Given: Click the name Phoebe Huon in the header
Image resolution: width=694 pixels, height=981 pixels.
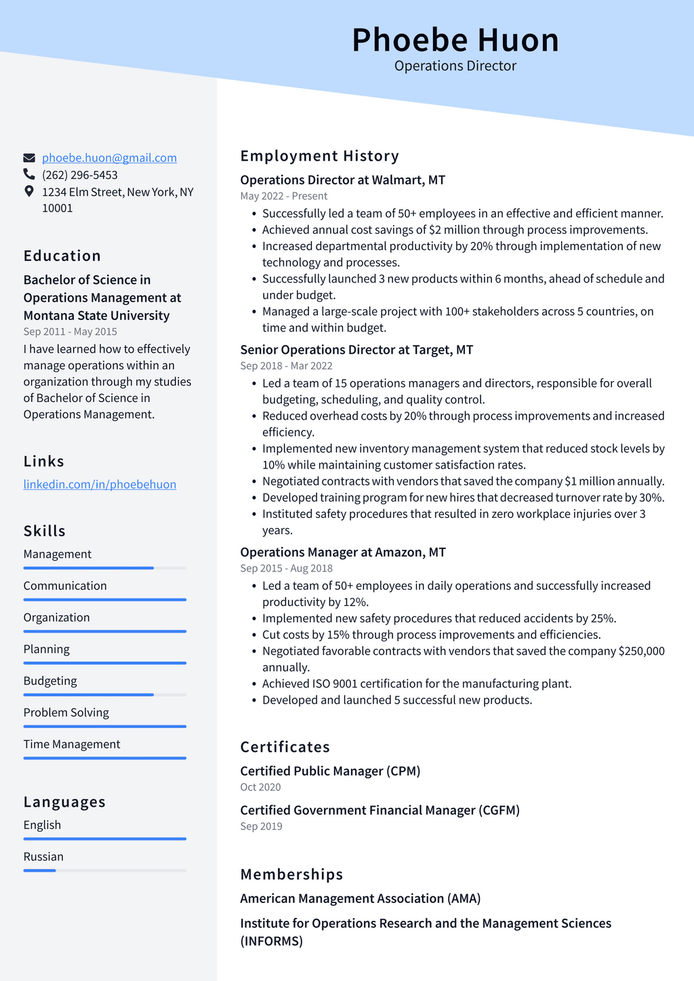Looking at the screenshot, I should pos(455,40).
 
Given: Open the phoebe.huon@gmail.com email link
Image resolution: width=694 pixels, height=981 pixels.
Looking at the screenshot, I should pos(109,158).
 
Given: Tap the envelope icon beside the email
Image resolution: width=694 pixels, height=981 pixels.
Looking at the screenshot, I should pos(29,158).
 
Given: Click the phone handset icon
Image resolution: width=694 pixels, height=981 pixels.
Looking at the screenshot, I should pos(29,175).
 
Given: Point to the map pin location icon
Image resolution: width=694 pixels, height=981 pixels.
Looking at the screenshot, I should pos(29,192).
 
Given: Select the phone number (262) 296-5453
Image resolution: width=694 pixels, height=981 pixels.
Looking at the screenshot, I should pos(80,175).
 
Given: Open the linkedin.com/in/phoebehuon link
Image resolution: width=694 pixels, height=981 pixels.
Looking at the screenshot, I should pos(100,484).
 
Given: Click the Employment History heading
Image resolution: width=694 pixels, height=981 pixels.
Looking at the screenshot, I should pos(319,156).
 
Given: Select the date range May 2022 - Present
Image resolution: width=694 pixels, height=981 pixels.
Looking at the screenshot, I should pos(283,196).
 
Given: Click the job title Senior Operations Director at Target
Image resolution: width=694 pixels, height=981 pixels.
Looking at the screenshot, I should pos(356,350).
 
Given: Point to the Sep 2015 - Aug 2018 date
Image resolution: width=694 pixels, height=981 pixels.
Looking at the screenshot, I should pos(286,568).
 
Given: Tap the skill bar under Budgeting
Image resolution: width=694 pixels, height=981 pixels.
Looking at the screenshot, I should pos(104,695).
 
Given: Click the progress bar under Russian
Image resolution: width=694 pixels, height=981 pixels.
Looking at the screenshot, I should pos(104,870).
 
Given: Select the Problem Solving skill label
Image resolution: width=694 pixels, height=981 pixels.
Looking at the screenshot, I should pos(66,713).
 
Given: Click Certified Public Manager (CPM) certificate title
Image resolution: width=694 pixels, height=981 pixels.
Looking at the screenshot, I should pos(330,771).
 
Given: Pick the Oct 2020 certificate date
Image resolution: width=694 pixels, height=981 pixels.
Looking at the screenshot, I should pos(260,787).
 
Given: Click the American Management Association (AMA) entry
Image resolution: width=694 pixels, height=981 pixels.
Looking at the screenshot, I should pos(360,898).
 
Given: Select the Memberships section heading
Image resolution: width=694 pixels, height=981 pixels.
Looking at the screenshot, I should pos(291,875).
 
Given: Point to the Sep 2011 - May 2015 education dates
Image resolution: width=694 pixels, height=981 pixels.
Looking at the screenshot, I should pos(70,332).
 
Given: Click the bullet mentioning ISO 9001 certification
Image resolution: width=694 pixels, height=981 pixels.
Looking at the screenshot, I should pos(417,683).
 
